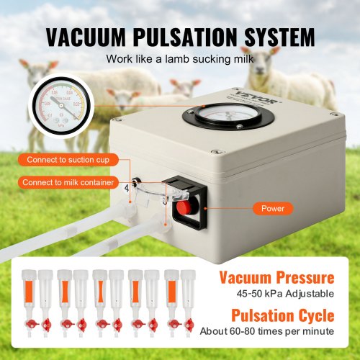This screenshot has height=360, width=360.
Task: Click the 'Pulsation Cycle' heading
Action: coord(282,315)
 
